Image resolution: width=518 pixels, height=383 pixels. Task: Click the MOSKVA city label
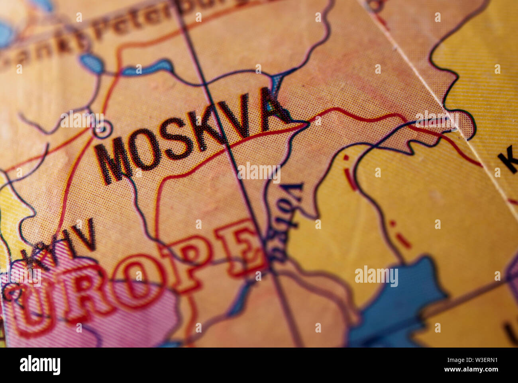[191, 135]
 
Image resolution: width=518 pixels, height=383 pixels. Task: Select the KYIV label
[60, 243]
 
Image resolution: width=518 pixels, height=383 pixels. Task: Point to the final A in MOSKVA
[273, 107]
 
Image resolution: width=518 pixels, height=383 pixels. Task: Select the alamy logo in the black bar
[40, 365]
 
